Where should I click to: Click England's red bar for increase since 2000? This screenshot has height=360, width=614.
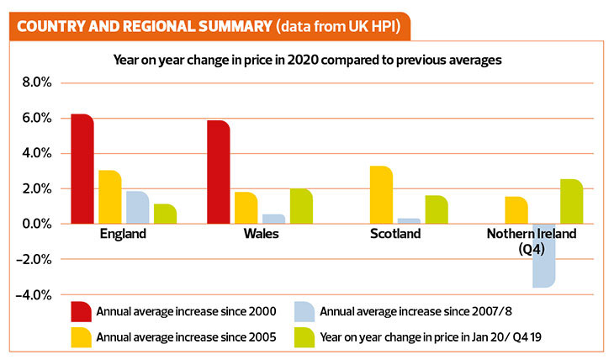pos(82,169)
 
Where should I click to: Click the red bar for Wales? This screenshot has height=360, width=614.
pos(218,172)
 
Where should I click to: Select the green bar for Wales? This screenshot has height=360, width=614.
pos(301,207)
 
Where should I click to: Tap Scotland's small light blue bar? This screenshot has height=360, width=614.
pos(409,221)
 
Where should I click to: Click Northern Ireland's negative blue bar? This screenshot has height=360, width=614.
pos(543,256)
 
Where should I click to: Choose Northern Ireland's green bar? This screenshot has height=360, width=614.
pos(570,202)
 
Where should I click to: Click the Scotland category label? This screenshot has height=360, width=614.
pos(395,234)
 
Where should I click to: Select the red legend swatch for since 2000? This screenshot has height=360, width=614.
pos(82,312)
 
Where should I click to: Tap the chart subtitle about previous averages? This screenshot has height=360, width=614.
pos(306,60)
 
